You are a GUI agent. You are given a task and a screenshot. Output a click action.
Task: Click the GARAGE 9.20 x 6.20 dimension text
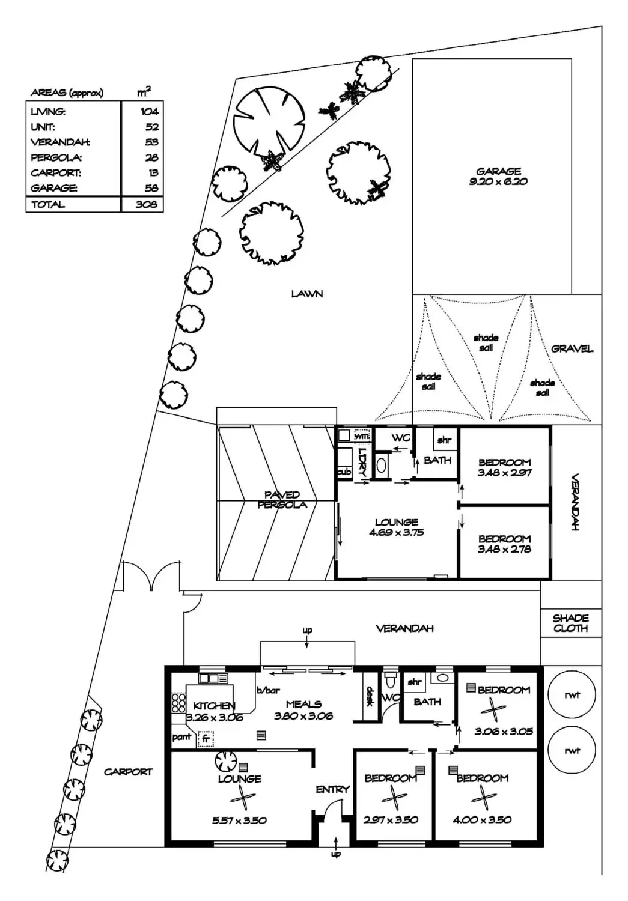point(498,181)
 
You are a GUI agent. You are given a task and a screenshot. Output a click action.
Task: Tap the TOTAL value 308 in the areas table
point(147,204)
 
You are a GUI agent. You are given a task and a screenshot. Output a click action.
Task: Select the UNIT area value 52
point(152,127)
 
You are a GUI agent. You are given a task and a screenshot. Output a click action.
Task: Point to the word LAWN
point(307,294)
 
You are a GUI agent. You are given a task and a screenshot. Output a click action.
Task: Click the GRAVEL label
point(572,349)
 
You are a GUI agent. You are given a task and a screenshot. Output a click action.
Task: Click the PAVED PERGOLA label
point(282,500)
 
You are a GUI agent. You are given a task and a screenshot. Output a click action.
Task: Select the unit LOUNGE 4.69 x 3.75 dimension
point(397,533)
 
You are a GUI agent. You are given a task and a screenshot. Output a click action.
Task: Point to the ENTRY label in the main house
point(332,789)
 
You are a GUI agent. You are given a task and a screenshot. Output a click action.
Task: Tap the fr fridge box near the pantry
point(205,738)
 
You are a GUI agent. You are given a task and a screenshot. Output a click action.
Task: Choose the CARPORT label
point(128,772)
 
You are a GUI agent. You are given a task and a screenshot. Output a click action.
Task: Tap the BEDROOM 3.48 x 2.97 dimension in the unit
point(504,473)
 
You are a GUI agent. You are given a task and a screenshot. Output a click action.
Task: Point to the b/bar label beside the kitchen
point(269,690)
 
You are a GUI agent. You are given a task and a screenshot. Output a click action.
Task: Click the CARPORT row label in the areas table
point(56,173)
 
